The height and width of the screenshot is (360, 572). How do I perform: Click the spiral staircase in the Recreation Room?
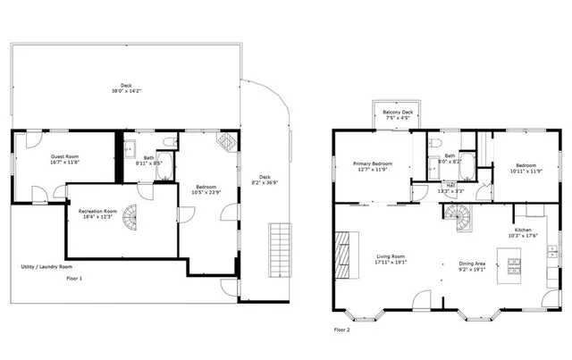coord(131,215)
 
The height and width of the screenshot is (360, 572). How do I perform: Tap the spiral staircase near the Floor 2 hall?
coord(458,214)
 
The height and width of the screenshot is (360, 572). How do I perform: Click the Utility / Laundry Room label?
coord(46,266)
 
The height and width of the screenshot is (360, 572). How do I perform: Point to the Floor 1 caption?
coord(75,279)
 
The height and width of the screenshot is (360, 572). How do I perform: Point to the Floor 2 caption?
coord(342,329)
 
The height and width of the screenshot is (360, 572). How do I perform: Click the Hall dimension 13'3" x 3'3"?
coord(450,190)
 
